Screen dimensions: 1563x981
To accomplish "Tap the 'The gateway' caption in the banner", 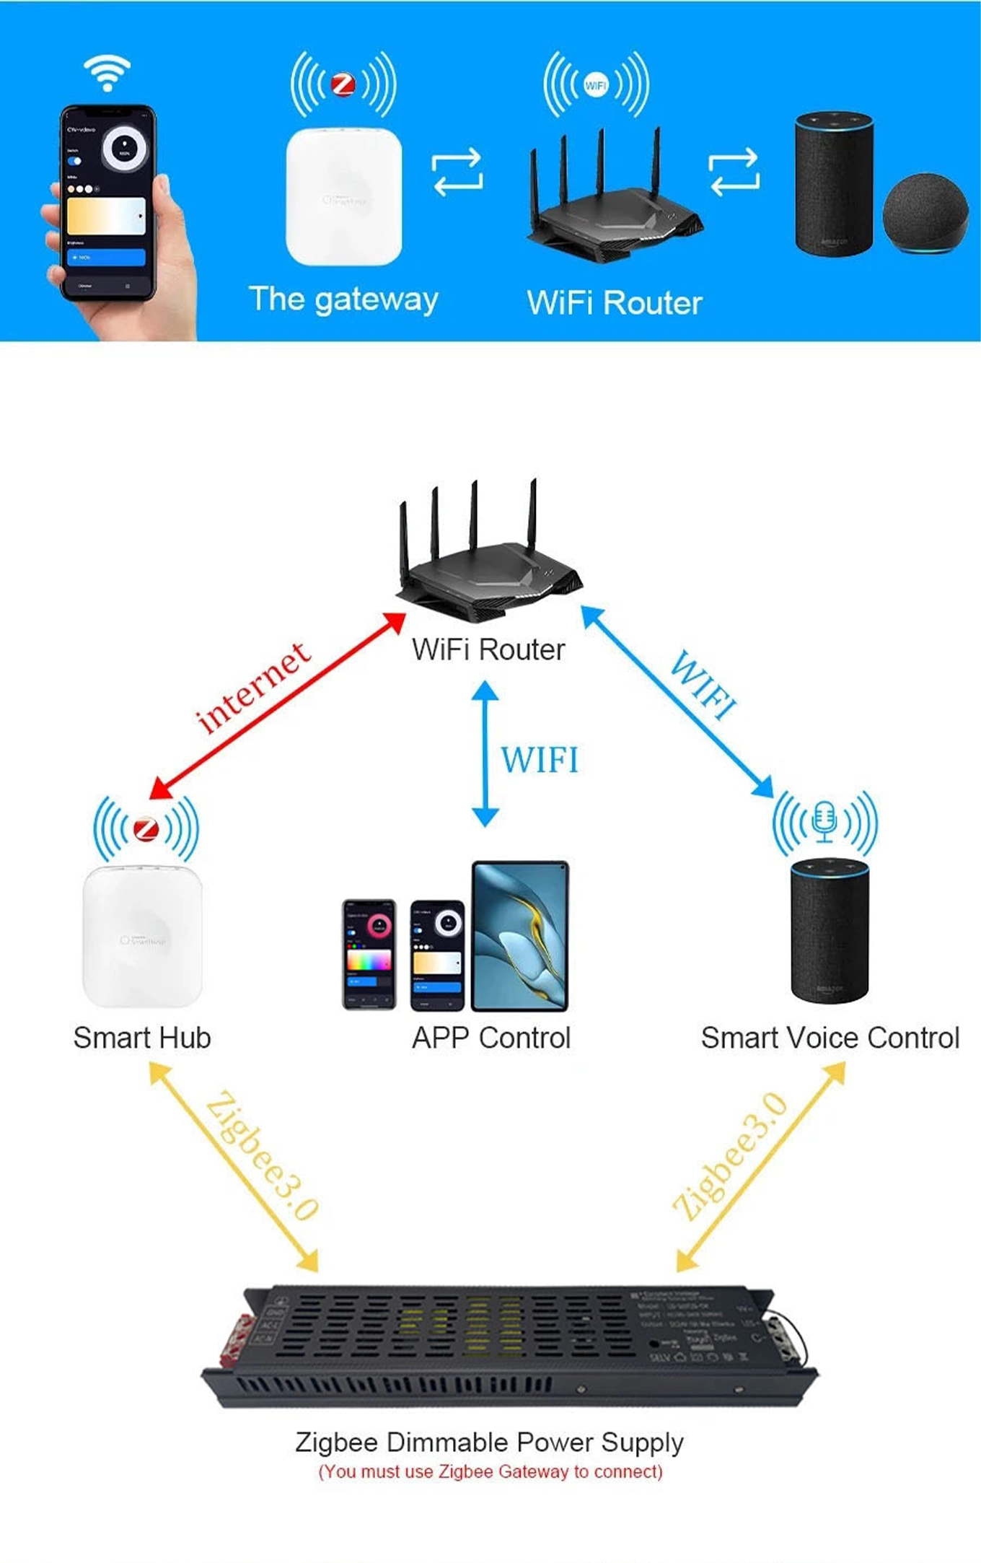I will coord(343,299).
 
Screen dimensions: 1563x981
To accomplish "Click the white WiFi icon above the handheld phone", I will coord(107,73).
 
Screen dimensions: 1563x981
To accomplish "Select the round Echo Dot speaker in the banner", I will coord(925,214).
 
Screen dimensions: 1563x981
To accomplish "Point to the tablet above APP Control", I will coord(519,936).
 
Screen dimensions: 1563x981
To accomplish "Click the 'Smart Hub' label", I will coord(142,1038).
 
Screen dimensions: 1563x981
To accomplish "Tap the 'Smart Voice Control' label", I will coord(830,1038).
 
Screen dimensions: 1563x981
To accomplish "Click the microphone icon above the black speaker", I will coord(824,823).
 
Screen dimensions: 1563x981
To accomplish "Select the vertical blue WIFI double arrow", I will coord(485,754).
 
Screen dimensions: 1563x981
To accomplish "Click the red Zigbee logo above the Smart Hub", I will coord(146,828).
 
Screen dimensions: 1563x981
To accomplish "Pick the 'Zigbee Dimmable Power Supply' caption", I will coord(489,1442).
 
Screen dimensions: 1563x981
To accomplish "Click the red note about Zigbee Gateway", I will coord(490,1472).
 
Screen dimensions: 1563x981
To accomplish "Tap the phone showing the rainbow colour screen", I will coord(369,954).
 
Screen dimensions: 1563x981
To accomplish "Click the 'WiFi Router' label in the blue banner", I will coord(615,303).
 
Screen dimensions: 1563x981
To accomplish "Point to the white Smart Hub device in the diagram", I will coord(142,937).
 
